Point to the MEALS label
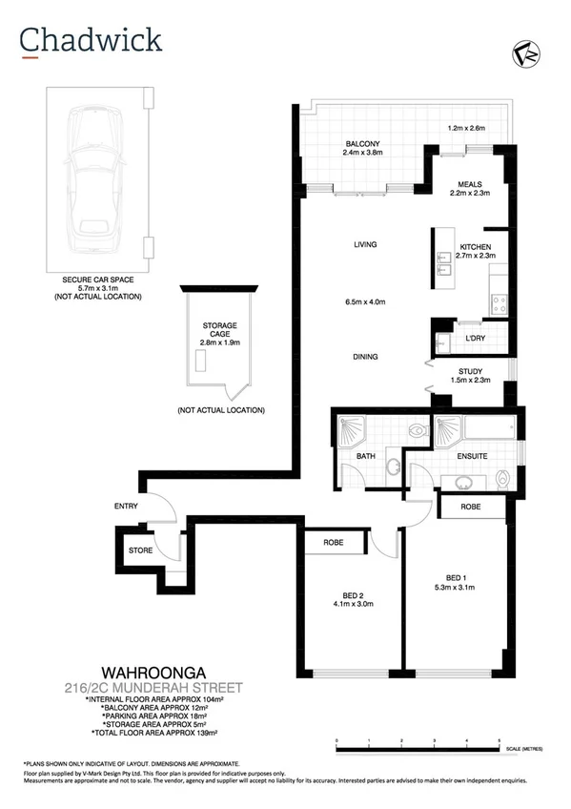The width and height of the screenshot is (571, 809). pos(468,184)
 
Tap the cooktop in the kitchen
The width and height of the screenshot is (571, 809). pos(497,304)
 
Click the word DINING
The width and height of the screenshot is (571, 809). pos(365,357)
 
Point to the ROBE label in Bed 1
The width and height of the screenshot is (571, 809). pos(470,508)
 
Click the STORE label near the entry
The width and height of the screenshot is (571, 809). pos(140,550)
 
